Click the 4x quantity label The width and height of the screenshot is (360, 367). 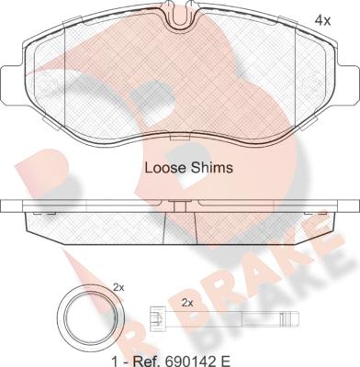[x=322, y=20]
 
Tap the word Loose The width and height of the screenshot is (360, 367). [x=164, y=168]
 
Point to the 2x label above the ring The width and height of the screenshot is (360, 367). [x=118, y=287]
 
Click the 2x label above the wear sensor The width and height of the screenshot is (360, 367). [x=187, y=303]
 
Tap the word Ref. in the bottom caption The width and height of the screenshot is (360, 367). [x=146, y=361]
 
